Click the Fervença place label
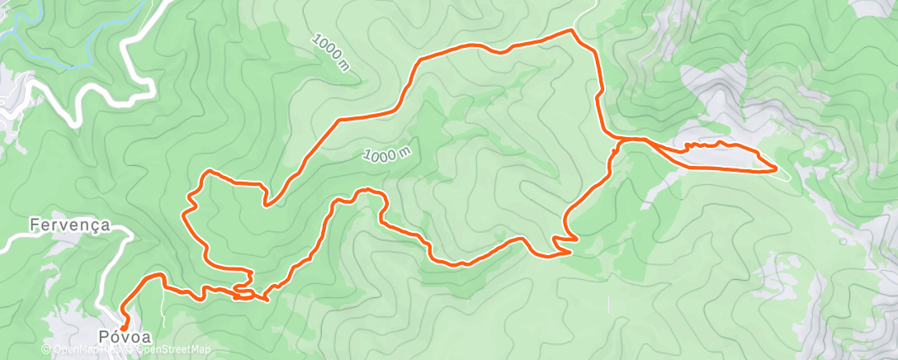pos(69,225)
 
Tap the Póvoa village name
pos(126,337)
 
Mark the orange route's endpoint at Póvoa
pos(125,328)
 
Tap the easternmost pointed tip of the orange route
pos(777,169)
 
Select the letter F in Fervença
pos(33,225)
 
